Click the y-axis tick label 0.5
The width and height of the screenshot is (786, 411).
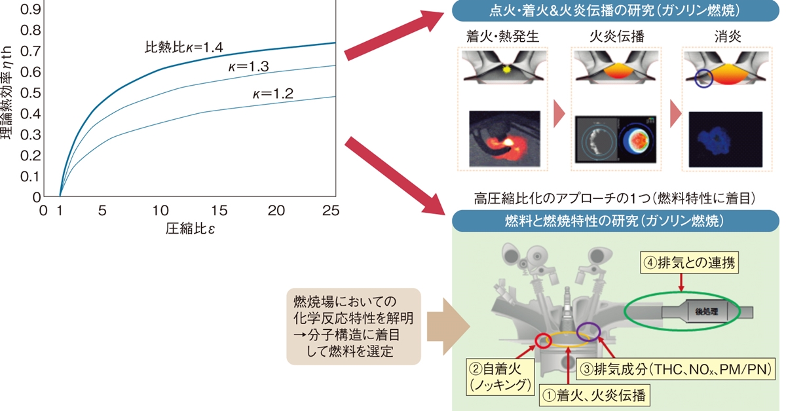click(30, 93)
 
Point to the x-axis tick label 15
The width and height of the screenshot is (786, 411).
click(219, 211)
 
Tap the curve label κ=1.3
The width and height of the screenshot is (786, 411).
click(248, 66)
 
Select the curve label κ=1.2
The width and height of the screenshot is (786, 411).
click(273, 94)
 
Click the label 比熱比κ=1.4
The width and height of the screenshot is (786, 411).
click(184, 47)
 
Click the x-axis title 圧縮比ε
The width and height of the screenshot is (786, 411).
click(190, 228)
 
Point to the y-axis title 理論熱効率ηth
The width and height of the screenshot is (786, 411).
click(7, 92)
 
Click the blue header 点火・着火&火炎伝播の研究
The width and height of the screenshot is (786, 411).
click(616, 10)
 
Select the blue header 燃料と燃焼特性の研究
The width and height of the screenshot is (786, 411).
click(616, 221)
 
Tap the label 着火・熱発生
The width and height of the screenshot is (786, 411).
click(502, 37)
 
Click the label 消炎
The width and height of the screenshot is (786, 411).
click(728, 37)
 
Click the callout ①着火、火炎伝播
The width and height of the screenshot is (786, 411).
click(594, 395)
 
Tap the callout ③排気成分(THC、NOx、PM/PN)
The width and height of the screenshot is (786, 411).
click(675, 369)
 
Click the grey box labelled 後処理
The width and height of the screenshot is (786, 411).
click(707, 312)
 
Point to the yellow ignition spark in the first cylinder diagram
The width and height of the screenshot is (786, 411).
click(506, 69)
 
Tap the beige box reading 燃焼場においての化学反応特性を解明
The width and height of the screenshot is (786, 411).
click(354, 327)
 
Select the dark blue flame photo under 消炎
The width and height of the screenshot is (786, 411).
click(726, 139)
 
